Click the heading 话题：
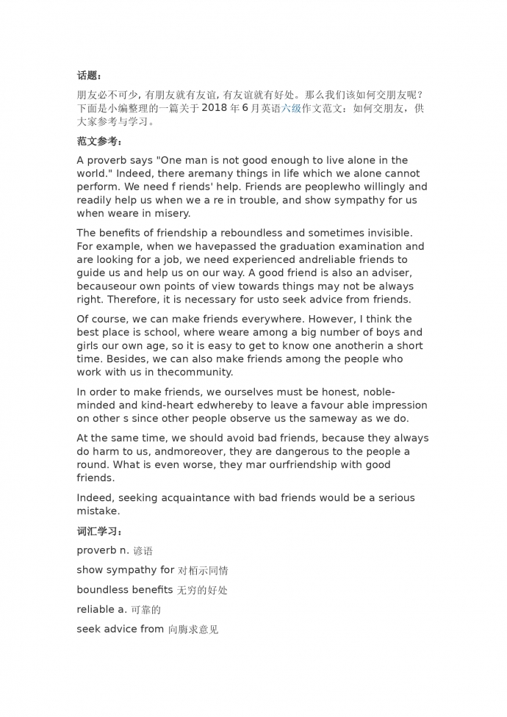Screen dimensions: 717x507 tap(90, 76)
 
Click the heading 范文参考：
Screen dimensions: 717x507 tap(100, 141)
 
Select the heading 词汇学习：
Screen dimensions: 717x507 tap(100, 531)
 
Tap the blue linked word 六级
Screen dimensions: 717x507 tap(292, 108)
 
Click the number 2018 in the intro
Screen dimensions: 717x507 tap(214, 108)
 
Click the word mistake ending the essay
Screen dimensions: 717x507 tap(98, 511)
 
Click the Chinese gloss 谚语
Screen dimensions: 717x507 tap(143, 551)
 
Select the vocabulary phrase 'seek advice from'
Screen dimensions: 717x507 tap(120, 630)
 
